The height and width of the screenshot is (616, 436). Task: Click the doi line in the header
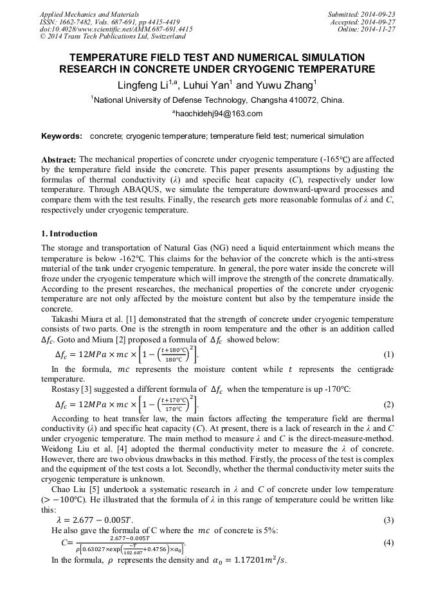point(116,29)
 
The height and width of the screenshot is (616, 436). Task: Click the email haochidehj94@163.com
point(218,114)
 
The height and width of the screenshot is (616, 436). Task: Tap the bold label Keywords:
point(62,136)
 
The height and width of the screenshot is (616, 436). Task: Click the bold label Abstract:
point(59,159)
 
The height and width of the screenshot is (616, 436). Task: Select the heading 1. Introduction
point(69,234)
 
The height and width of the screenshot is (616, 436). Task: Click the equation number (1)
point(388,355)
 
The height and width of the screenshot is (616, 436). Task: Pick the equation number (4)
point(388,543)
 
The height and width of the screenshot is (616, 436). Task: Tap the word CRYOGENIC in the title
point(274,69)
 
